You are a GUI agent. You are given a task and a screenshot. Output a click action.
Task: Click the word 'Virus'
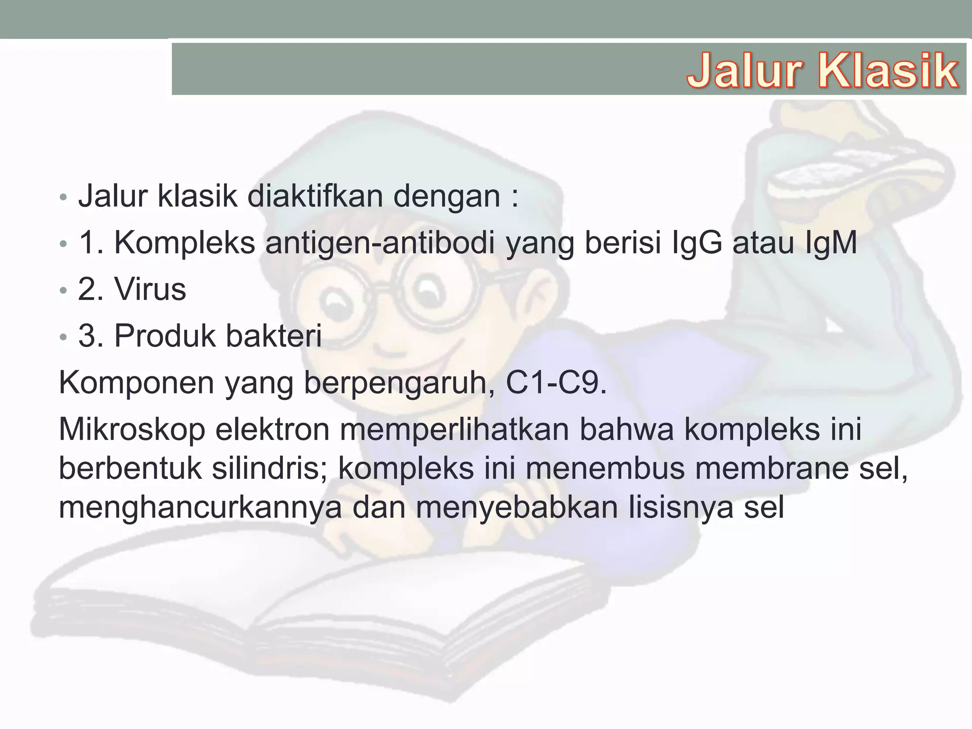150,289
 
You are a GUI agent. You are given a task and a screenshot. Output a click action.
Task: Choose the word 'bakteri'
273,336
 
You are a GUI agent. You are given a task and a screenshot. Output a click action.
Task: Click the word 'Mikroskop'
132,429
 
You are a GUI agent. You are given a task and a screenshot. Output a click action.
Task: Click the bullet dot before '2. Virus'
64,290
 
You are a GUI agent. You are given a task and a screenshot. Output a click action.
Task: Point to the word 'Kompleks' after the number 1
185,243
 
